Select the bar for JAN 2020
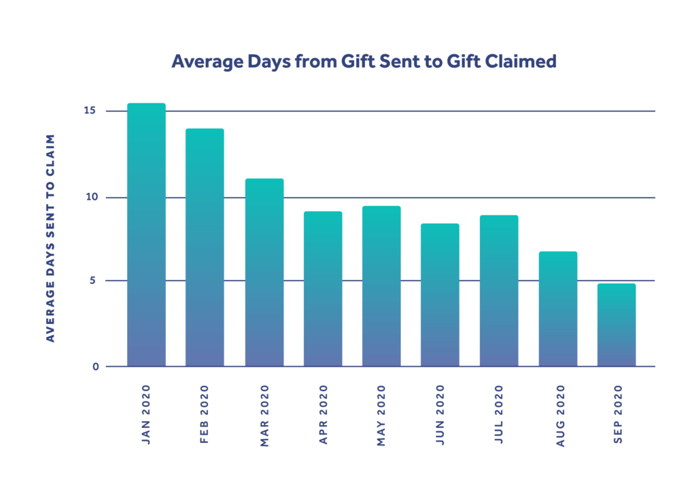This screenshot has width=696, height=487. pos(146,234)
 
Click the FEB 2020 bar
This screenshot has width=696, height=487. pos(205,247)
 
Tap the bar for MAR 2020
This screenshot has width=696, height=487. pos(264,272)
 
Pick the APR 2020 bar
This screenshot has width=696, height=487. pos(323,289)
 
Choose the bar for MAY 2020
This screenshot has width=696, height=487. pos(381,286)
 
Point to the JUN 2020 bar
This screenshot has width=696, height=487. pos(440,295)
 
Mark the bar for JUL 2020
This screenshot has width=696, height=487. pos(499,291)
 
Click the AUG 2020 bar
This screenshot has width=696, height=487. pos(557,309)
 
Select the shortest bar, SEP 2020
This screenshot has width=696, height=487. pos(616,325)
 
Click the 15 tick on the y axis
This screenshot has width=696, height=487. pos(91,111)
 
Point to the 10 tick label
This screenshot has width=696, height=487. pos(91,198)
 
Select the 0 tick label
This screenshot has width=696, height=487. pos(95,367)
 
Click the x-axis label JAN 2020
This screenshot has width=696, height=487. pos(146,414)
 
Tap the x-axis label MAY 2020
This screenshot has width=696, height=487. pos(381,415)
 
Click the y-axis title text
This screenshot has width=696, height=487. pos(50,238)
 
